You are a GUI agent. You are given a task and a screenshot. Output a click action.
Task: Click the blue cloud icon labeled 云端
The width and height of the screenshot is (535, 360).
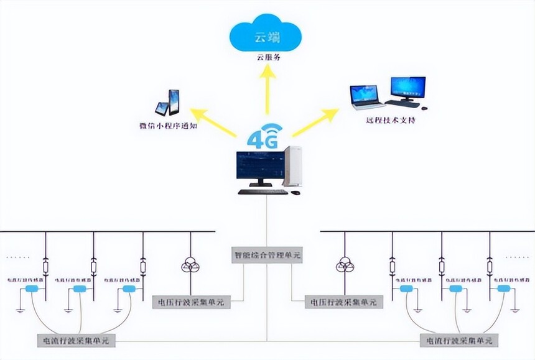click(267, 36)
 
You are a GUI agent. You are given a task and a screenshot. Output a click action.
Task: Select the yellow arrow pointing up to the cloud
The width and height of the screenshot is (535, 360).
click(267, 90)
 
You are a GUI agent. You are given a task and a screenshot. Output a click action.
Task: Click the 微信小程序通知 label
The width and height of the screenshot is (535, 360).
click(169, 126)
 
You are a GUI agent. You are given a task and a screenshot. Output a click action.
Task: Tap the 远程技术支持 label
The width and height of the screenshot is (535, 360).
click(391, 119)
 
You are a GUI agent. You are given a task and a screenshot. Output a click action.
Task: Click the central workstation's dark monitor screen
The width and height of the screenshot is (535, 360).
click(260, 165)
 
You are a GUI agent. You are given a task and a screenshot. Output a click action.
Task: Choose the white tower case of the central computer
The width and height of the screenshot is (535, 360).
click(294, 167)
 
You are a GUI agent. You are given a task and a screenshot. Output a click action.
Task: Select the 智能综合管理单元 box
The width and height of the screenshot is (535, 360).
click(267, 255)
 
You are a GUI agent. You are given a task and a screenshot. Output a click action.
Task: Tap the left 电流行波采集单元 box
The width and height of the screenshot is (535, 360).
click(76, 340)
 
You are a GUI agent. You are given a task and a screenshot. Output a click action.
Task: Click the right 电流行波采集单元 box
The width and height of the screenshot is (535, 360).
click(458, 341)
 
